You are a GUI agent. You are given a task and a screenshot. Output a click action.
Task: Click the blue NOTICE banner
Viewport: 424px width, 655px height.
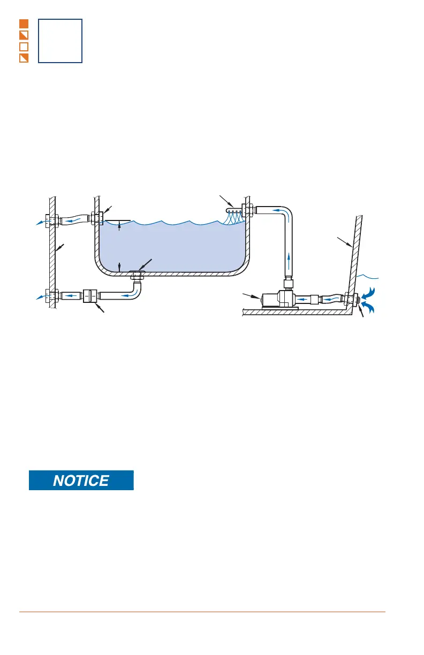click(81, 480)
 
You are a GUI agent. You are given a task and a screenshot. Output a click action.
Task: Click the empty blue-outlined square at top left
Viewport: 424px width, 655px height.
click(60, 41)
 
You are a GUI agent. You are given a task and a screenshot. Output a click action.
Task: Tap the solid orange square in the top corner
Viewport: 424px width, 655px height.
click(24, 24)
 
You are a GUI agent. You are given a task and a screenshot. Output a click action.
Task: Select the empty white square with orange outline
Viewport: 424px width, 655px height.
click(24, 47)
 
